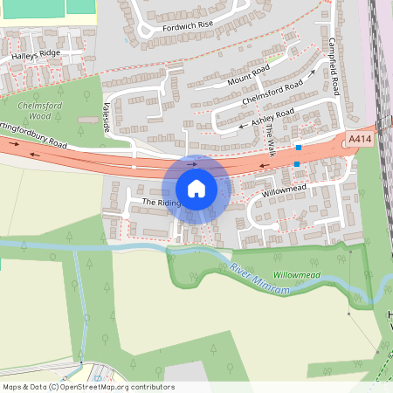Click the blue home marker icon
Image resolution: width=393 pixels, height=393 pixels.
pos(196,189)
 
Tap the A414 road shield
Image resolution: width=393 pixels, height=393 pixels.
pos(359,139)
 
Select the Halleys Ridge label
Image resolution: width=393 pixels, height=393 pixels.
pos(36,54)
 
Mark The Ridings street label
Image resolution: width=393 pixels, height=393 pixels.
pos(162,203)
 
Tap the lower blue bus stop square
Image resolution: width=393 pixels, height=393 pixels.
pos(297,163)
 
